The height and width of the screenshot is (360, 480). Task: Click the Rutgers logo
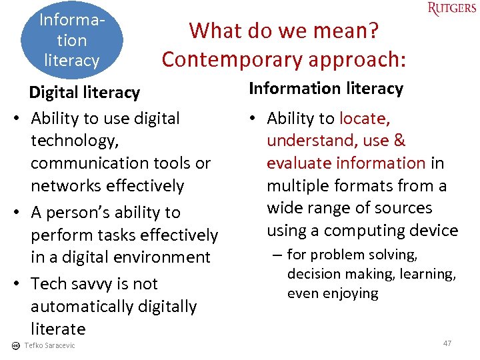(x=452, y=9)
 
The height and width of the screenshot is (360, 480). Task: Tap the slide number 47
(x=447, y=343)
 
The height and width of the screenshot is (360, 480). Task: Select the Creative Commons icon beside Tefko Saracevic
(x=16, y=345)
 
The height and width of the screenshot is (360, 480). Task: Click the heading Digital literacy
(x=84, y=93)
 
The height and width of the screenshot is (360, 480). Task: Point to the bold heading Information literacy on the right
(x=326, y=89)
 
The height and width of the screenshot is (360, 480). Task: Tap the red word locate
(x=363, y=119)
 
